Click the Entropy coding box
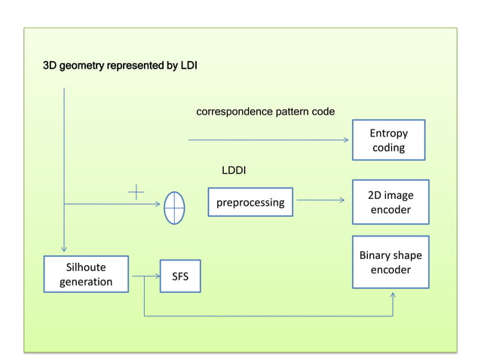(x=388, y=140)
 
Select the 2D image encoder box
(x=391, y=202)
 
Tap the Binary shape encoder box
(x=391, y=261)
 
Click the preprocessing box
(x=250, y=202)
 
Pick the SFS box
(x=180, y=276)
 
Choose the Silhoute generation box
(x=86, y=274)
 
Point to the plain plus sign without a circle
(x=136, y=193)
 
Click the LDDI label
(x=234, y=171)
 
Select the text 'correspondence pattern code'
(x=265, y=111)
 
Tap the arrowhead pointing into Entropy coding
(x=347, y=140)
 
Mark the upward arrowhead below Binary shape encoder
(x=392, y=294)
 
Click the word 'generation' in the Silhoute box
(x=86, y=282)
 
